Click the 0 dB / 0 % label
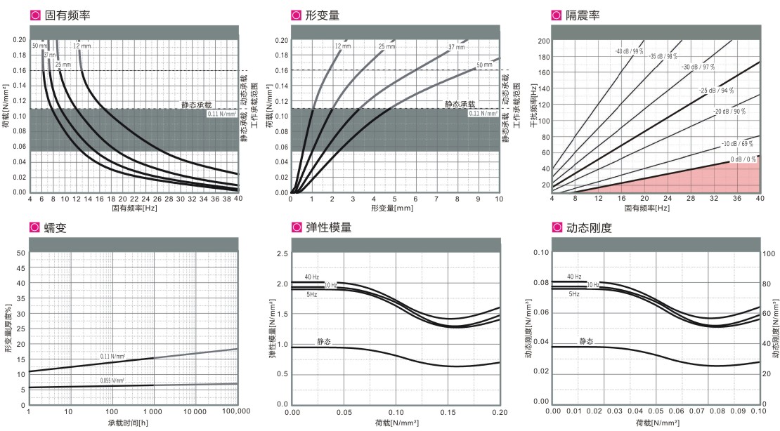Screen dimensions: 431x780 [x=743, y=160]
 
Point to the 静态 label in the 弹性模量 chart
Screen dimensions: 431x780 [x=323, y=342]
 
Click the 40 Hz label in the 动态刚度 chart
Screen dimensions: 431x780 [x=573, y=277]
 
